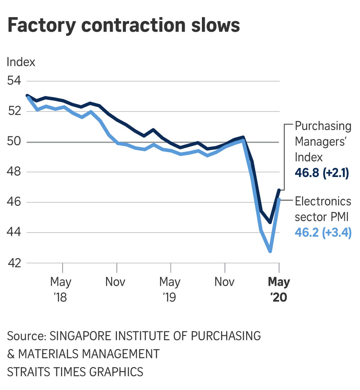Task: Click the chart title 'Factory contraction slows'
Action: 123,25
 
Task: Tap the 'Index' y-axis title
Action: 21,62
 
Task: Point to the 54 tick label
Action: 15,81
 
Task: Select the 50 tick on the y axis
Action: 15,142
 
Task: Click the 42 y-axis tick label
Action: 15,263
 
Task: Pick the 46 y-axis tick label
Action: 15,202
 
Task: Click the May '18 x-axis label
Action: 61,289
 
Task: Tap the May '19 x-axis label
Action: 169,289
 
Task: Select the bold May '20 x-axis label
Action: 279,289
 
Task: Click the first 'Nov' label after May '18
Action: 116,282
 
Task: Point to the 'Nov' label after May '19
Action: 224,282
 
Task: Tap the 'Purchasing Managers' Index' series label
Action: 323,142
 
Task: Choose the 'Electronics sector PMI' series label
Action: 323,209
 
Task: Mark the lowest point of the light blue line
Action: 270,251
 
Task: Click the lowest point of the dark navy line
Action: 270,222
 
